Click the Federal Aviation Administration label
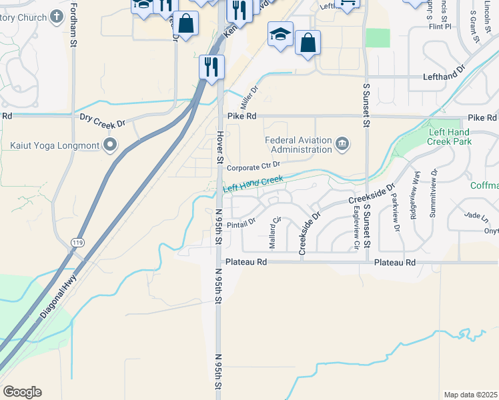(298, 145)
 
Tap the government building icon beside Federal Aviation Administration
(342, 144)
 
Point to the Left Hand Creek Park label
(450, 137)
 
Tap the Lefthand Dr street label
(443, 77)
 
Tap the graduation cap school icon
(280, 33)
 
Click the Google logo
(22, 392)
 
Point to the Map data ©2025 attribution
(470, 395)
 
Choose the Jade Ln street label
(472, 216)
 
